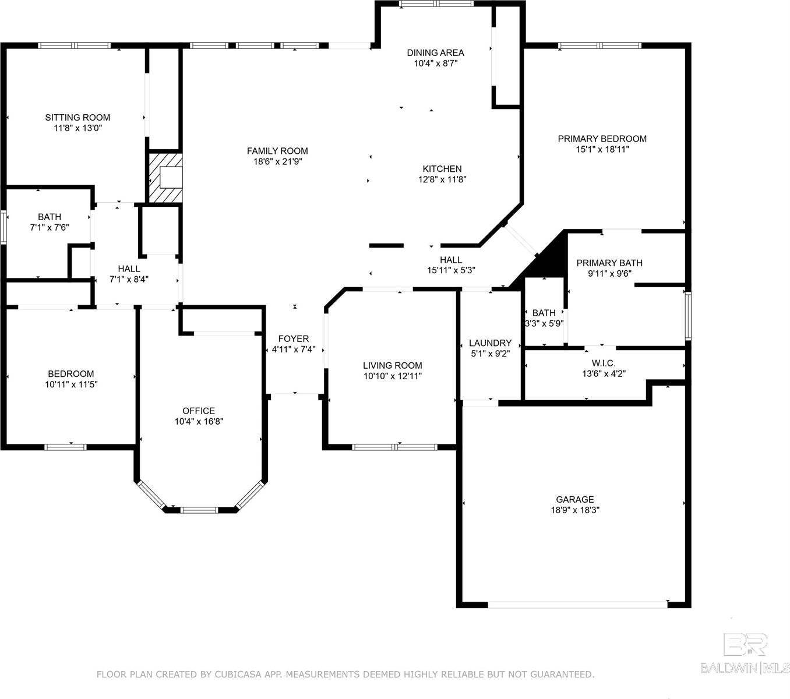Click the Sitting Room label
[x=77, y=118]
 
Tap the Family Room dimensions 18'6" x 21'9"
[x=277, y=162]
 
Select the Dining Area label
[x=435, y=53]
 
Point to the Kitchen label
[x=442, y=169]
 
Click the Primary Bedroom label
[x=602, y=139]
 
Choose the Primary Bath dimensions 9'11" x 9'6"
[x=609, y=273]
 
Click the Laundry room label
[x=490, y=343]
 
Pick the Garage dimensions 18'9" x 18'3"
[x=574, y=510]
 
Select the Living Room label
[x=392, y=366]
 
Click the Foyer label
[x=293, y=339]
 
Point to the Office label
[x=199, y=411]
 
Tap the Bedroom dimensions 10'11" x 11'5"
[x=70, y=384]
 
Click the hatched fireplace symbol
[x=165, y=177]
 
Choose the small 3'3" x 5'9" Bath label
[x=544, y=313]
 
